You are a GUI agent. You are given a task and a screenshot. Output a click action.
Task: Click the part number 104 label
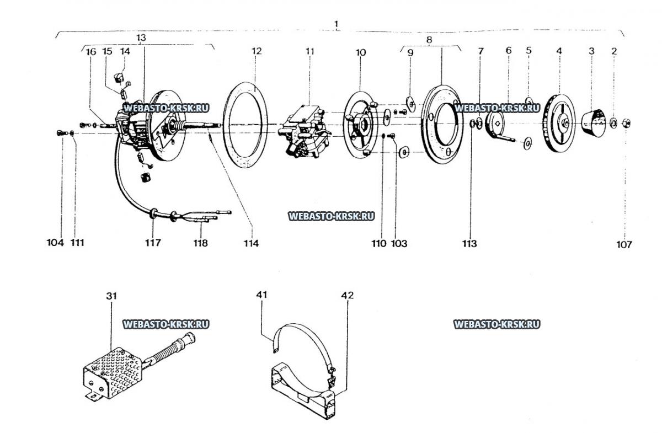pyautogui.click(x=55, y=243)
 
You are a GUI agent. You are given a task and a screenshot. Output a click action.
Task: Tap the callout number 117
pyautogui.click(x=153, y=243)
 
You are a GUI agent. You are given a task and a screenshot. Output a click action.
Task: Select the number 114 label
pyautogui.click(x=251, y=243)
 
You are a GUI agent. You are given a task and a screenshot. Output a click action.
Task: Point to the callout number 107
pyautogui.click(x=624, y=244)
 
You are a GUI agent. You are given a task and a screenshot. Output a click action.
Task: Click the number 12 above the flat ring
pyautogui.click(x=257, y=51)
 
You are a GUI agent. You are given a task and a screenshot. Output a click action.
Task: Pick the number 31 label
pyautogui.click(x=111, y=296)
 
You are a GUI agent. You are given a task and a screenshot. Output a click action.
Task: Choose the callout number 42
pyautogui.click(x=347, y=295)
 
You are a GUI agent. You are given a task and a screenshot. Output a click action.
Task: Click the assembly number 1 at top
pyautogui.click(x=337, y=24)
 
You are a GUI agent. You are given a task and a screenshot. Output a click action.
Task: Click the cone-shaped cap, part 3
pyautogui.click(x=594, y=123)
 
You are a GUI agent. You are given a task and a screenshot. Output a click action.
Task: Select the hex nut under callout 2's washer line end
pyautogui.click(x=627, y=123)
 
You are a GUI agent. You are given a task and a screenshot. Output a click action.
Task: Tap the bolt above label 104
pyautogui.click(x=61, y=133)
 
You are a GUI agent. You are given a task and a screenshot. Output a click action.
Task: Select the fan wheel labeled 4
pyautogui.click(x=559, y=123)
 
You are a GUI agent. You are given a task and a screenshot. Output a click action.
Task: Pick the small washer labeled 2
pyautogui.click(x=613, y=123)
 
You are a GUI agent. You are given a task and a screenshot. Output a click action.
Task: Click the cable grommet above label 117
pyautogui.click(x=153, y=213)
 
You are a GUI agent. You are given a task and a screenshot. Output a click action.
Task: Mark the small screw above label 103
pyautogui.click(x=393, y=136)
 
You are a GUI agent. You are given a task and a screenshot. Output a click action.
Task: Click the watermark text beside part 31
pyautogui.click(x=166, y=324)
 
